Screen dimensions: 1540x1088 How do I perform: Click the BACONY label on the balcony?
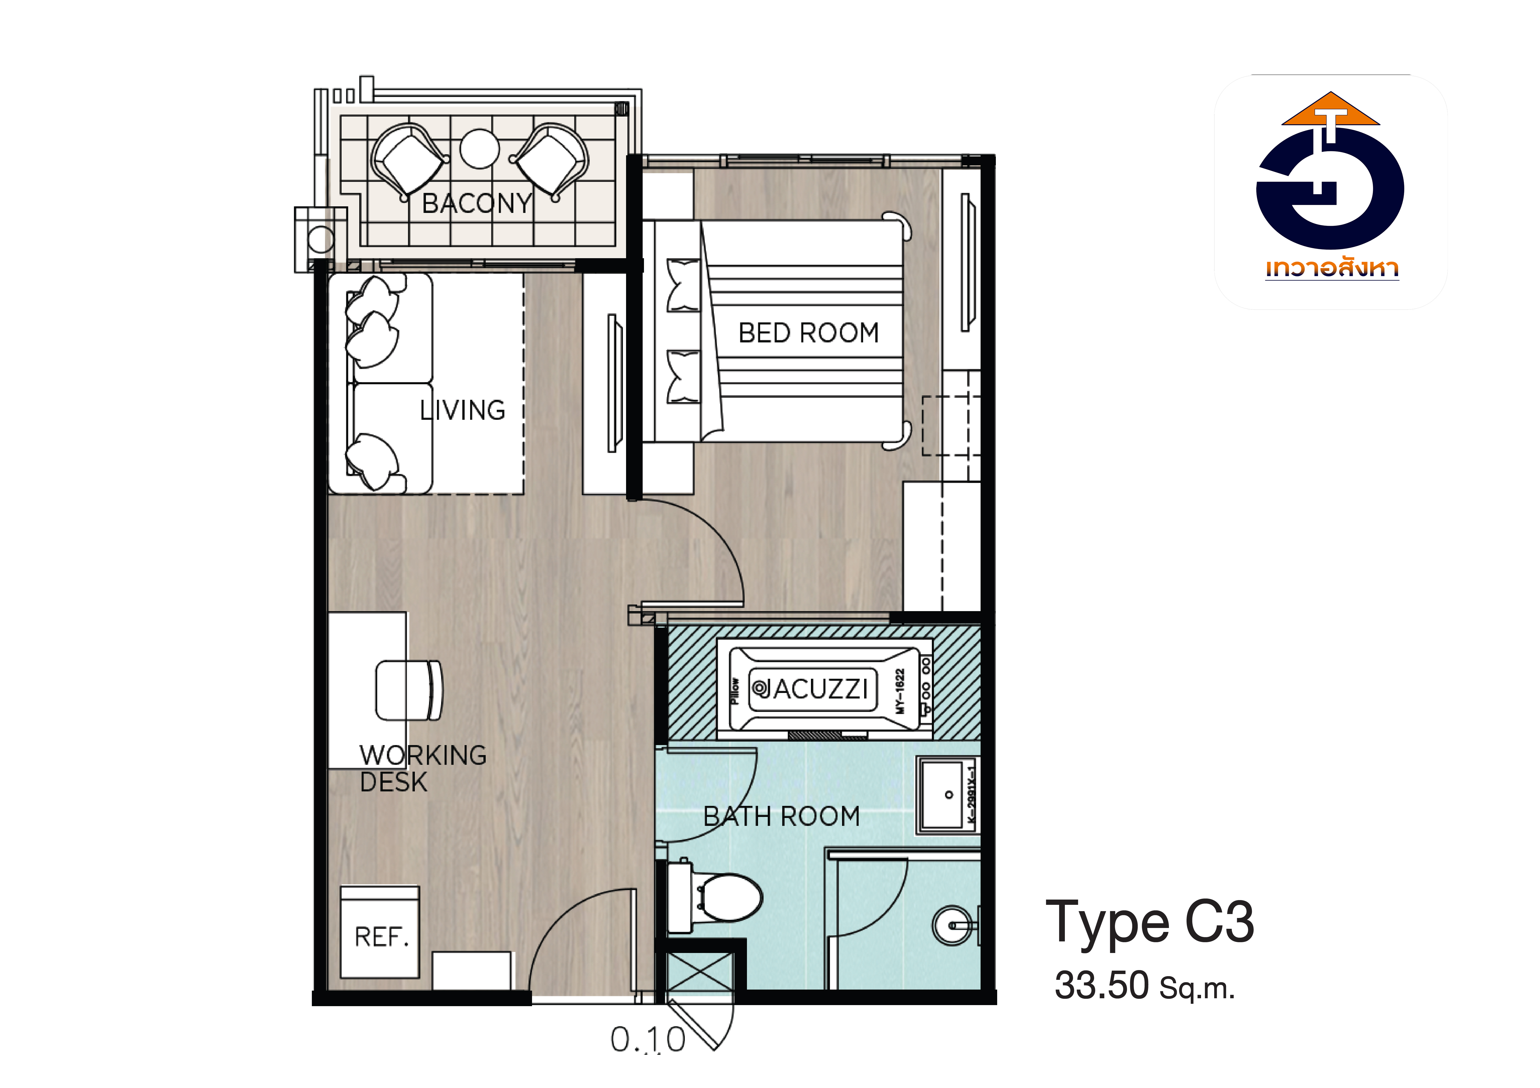point(477,203)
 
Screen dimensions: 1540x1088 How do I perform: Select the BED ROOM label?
point(808,332)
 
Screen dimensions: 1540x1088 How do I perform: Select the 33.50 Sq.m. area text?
point(1144,985)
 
